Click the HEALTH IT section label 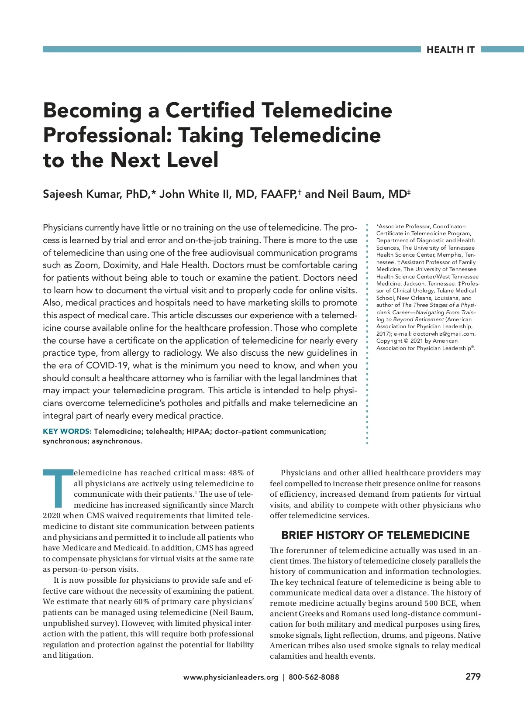(450, 50)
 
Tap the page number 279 (473, 677)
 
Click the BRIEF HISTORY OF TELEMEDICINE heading (375, 535)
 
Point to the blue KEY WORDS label (67, 431)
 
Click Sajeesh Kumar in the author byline (81, 194)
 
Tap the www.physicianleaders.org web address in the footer (231, 677)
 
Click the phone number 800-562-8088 (314, 677)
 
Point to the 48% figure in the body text (236, 473)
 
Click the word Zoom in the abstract (86, 265)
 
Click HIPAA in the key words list (198, 431)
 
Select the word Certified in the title (210, 110)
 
